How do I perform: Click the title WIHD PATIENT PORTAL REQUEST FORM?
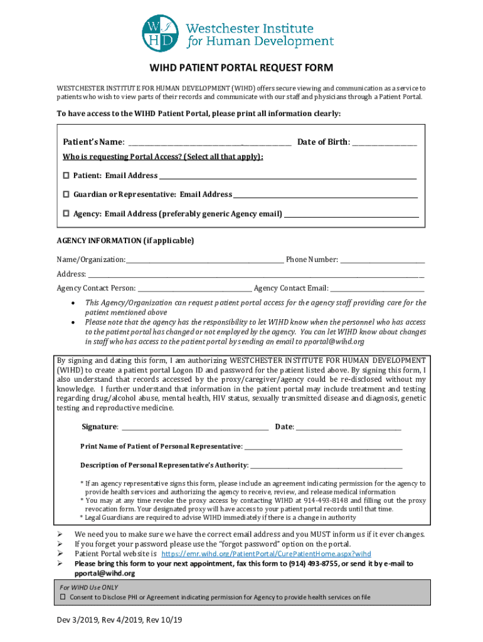pos(241,68)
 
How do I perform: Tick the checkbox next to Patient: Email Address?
pos(66,176)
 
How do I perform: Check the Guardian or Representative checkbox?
pos(66,194)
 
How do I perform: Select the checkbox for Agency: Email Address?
pos(66,214)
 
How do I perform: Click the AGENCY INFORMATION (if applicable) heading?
pos(125,241)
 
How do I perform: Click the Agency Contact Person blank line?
pos(194,288)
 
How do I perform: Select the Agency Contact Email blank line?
pos(377,288)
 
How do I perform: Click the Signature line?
pos(194,428)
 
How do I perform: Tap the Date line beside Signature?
pos(348,428)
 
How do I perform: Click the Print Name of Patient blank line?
pos(322,447)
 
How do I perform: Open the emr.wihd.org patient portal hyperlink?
pos(267,554)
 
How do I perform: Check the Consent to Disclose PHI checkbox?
pos(63,597)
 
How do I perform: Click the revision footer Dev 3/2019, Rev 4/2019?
pos(118,621)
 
